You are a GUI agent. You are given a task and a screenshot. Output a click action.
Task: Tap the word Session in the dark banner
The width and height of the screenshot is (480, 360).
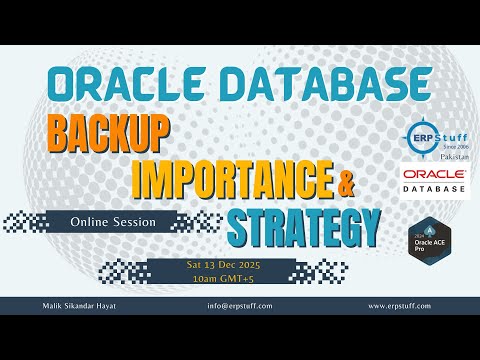(x=138, y=222)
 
